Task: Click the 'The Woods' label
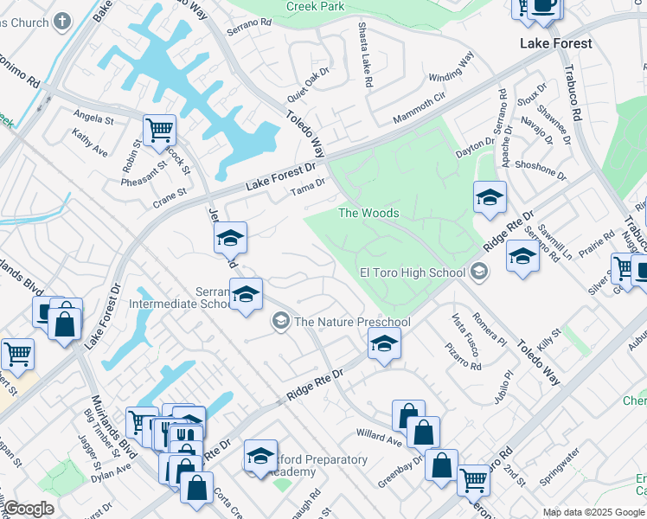(x=368, y=213)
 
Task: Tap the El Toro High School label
(x=413, y=273)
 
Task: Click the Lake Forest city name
(x=555, y=43)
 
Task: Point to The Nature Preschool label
(x=352, y=322)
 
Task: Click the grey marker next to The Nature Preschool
(x=280, y=322)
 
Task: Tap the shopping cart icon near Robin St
(x=159, y=131)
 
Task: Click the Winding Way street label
(x=452, y=67)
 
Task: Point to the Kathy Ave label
(x=90, y=143)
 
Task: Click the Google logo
(x=29, y=509)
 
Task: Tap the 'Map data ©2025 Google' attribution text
(x=594, y=512)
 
